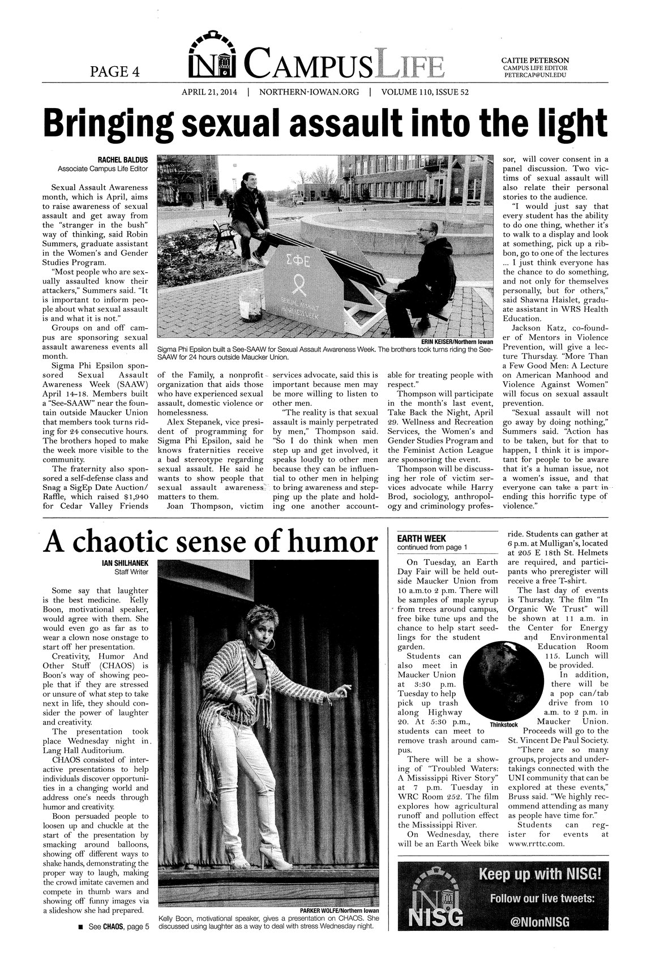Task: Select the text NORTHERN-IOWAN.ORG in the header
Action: click(309, 92)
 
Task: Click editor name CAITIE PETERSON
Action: click(535, 60)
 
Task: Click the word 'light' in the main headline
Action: click(558, 122)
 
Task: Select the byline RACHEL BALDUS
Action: click(123, 160)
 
